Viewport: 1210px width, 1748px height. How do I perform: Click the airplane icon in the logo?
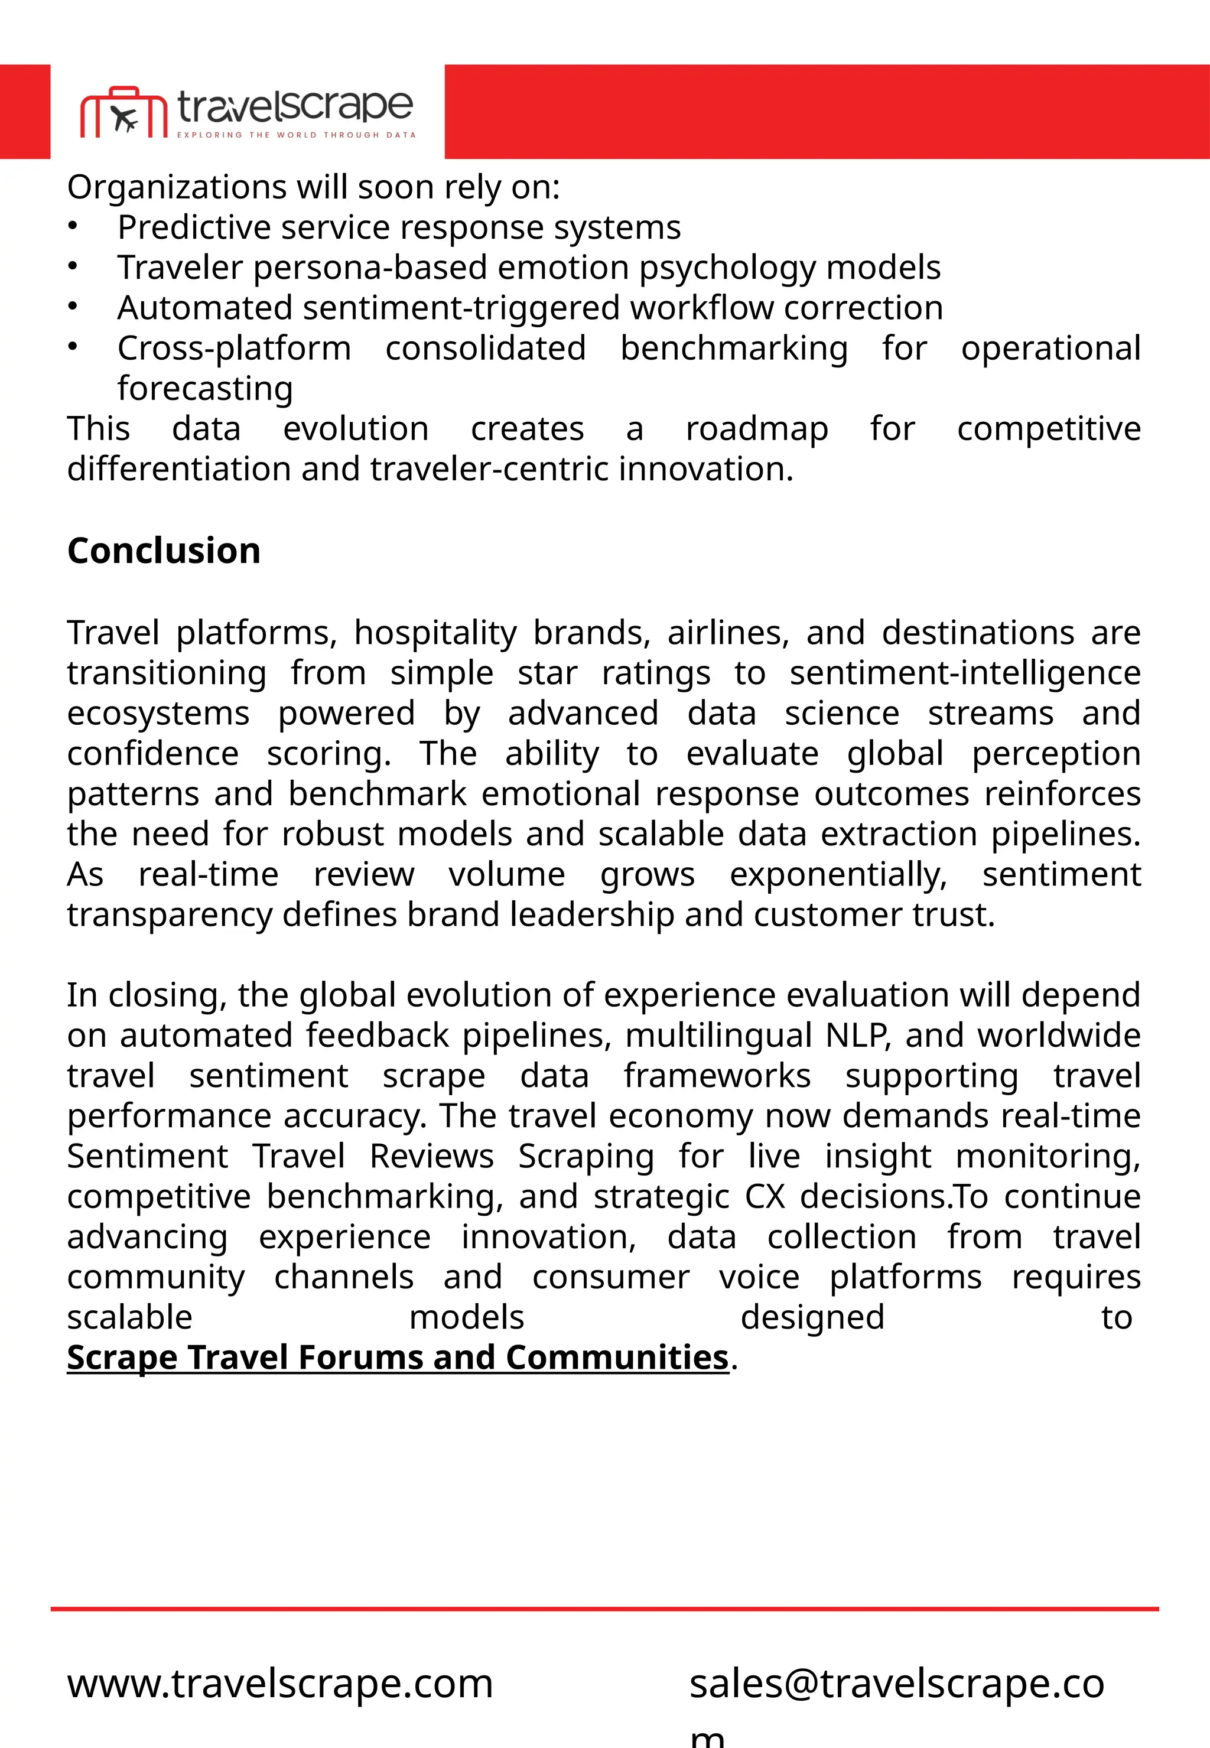[124, 119]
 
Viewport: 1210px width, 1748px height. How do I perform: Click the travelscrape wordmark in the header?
[295, 106]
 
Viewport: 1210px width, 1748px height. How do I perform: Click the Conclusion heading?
[164, 551]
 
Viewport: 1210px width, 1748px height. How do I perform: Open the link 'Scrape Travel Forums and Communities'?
[397, 1357]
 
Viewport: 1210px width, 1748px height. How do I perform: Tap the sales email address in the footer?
[896, 1684]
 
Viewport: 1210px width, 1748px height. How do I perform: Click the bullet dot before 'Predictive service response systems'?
[72, 226]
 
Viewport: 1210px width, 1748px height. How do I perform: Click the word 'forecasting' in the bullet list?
[204, 389]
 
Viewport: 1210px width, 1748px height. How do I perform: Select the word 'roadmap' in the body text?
[757, 429]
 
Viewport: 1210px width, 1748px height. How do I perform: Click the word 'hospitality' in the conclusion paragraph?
[435, 633]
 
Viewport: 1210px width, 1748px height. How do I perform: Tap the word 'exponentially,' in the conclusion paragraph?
[838, 875]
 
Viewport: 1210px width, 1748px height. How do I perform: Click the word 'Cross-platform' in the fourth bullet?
[235, 349]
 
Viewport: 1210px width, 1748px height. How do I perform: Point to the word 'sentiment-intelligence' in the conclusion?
[964, 673]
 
